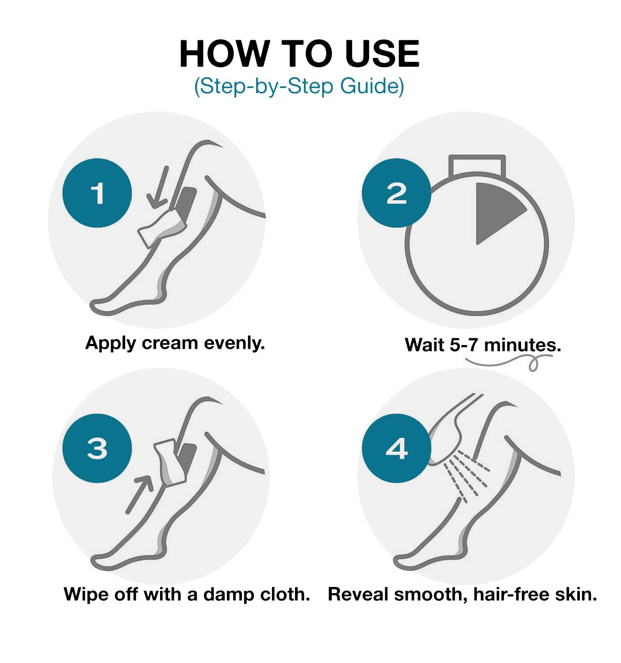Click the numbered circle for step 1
point(97,193)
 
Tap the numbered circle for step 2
point(396,193)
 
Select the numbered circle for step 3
point(97,448)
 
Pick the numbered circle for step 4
point(396,448)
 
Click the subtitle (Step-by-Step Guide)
point(299,86)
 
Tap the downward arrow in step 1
point(159,188)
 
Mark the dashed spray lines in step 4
point(467,475)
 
